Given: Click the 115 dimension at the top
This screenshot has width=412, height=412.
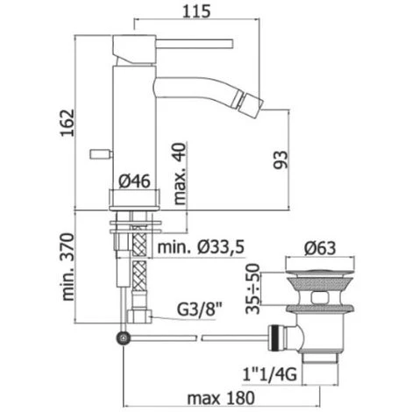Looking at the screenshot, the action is click(196, 11).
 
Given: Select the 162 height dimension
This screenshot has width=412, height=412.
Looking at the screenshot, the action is click(67, 123).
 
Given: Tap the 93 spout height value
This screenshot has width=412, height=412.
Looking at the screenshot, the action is click(281, 160).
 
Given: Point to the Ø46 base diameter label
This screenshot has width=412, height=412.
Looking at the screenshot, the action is click(134, 181).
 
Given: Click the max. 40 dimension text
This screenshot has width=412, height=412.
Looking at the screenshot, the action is click(180, 174).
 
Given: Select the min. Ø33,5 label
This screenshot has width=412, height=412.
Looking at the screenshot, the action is click(201, 248).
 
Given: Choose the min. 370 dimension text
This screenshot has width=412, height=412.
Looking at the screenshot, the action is click(68, 266).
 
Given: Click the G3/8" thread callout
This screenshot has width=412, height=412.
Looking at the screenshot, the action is click(200, 309).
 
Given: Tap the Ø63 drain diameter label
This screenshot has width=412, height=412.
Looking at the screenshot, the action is click(320, 248).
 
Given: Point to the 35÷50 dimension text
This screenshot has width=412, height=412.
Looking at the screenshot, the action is click(252, 288).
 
